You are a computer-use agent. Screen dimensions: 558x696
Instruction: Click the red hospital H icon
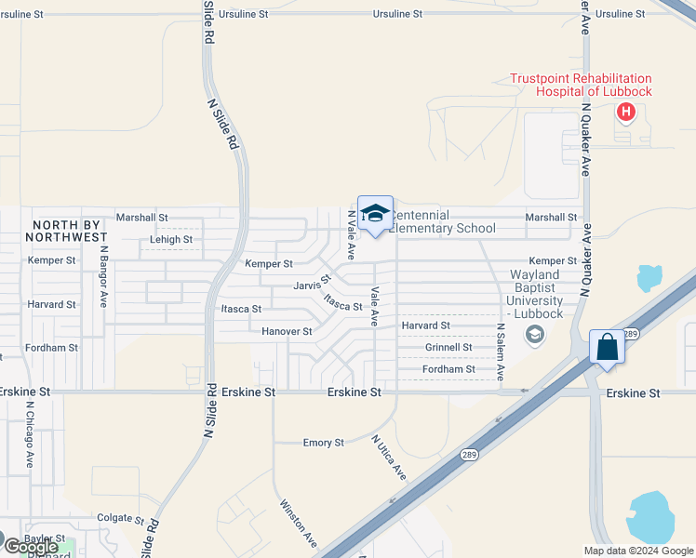tap(626, 113)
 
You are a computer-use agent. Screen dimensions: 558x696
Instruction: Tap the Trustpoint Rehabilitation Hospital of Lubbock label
tap(581, 85)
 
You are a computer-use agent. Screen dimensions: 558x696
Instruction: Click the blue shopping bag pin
tap(607, 348)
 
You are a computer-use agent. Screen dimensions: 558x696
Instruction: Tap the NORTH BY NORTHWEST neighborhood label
tap(70, 231)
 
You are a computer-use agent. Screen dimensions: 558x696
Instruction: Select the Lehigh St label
tap(171, 239)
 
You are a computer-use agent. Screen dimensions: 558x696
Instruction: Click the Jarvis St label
tap(312, 283)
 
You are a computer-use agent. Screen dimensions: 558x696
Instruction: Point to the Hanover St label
tap(286, 331)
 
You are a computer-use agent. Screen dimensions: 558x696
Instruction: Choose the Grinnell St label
tap(448, 347)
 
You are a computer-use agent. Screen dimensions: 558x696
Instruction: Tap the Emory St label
tap(324, 443)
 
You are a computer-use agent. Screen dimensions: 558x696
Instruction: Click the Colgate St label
tap(120, 518)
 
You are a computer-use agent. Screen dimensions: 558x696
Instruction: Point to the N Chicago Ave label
tap(30, 434)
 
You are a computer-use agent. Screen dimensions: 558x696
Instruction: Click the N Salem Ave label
tap(500, 352)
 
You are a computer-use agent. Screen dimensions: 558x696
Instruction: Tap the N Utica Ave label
tap(389, 458)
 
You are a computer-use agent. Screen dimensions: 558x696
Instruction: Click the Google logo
tap(31, 547)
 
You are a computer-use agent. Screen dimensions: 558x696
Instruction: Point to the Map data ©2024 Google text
tap(638, 551)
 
